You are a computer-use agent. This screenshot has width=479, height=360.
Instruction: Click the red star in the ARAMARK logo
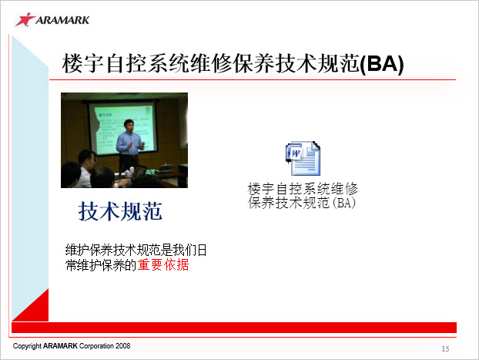tap(25, 19)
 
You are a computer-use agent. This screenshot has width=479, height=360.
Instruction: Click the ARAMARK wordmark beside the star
tap(62, 20)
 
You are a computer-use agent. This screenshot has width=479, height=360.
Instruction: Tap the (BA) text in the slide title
tap(382, 64)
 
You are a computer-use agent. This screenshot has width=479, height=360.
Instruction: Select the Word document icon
tap(303, 159)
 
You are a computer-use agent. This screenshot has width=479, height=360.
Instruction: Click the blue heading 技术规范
tap(120, 211)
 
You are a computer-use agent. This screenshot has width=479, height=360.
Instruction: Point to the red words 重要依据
tap(163, 264)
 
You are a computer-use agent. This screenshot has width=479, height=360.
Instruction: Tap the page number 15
tap(445, 348)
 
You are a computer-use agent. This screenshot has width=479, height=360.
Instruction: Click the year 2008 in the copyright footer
tap(122, 346)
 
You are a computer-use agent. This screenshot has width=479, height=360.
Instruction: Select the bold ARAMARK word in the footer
tap(60, 346)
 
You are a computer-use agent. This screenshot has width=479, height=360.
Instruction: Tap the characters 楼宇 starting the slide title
tap(83, 64)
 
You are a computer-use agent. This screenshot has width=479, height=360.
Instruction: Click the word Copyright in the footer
tap(27, 346)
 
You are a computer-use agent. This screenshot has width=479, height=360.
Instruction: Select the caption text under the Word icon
tap(303, 196)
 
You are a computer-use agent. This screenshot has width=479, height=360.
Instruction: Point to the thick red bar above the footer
tap(234, 328)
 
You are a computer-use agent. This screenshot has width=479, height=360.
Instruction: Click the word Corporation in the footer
tap(96, 346)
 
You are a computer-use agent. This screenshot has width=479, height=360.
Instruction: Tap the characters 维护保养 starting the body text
tap(89, 250)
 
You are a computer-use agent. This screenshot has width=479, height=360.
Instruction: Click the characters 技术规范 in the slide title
tap(317, 64)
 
